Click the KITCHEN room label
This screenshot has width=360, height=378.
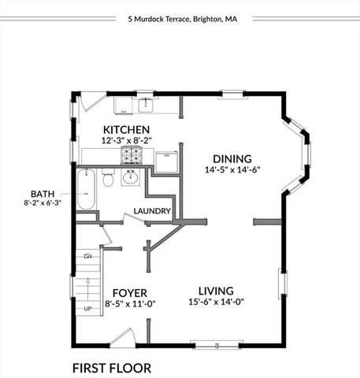pyautogui.click(x=126, y=129)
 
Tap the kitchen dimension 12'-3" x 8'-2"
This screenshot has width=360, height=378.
pyautogui.click(x=126, y=139)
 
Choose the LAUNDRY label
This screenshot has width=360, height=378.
pyautogui.click(x=152, y=211)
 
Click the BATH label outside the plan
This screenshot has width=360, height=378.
pyautogui.click(x=43, y=193)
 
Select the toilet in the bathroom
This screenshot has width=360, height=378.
pyautogui.click(x=109, y=180)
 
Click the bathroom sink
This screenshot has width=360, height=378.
pyautogui.click(x=130, y=177)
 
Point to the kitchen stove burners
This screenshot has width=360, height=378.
pyautogui.click(x=131, y=155)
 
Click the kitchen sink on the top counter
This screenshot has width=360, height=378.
pyautogui.click(x=147, y=104)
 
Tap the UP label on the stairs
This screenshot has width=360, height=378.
pyautogui.click(x=88, y=308)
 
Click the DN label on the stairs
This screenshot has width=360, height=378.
pyautogui.click(x=88, y=256)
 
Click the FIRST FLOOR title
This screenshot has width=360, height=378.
pyautogui.click(x=111, y=367)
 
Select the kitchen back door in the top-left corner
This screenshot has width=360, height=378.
pyautogui.click(x=92, y=102)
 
